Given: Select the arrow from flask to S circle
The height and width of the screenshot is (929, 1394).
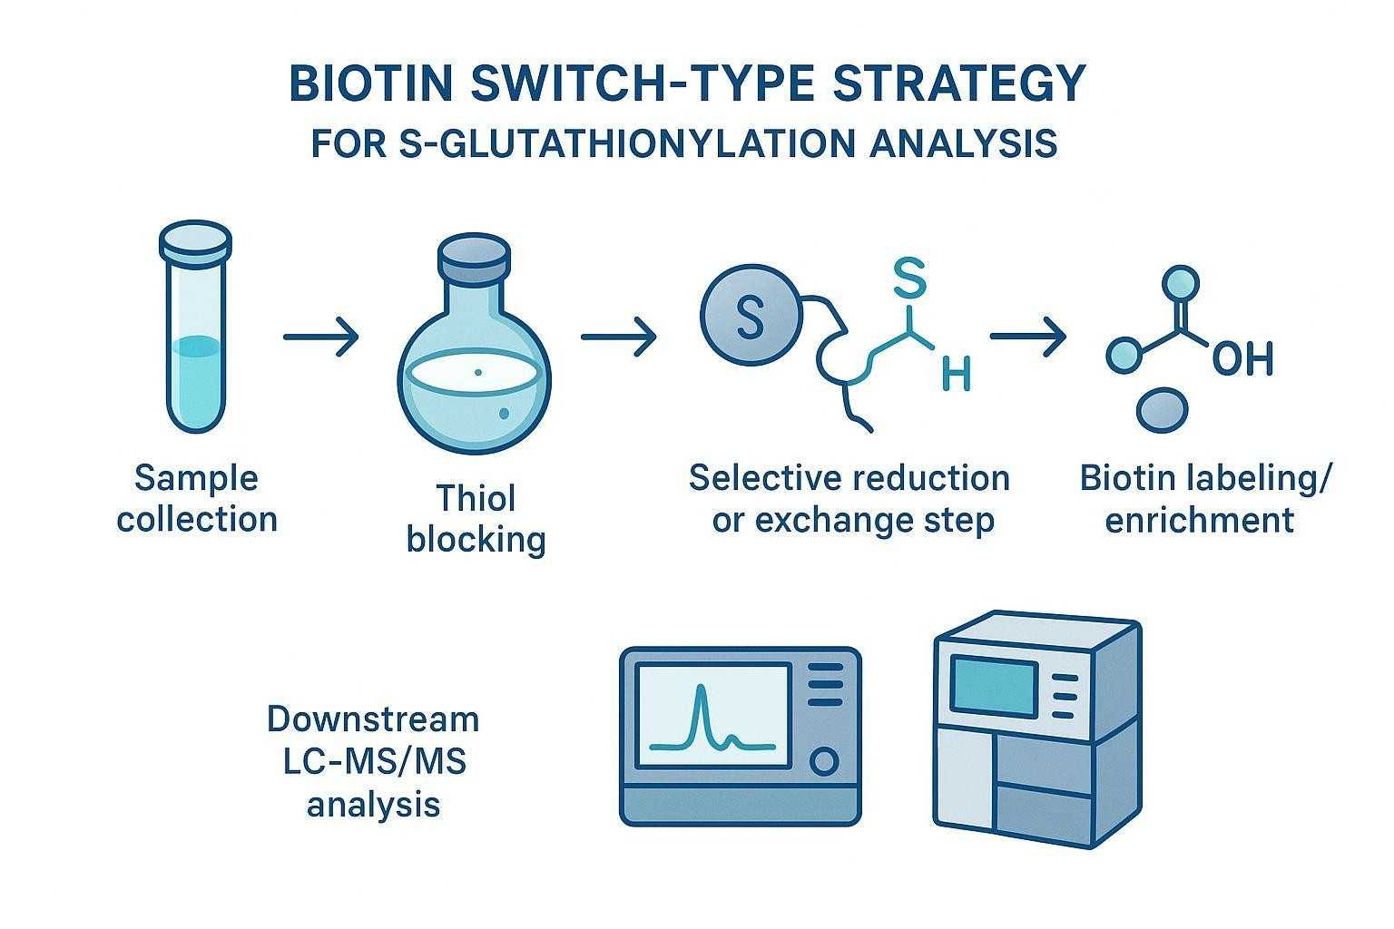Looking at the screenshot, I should pos(619,337).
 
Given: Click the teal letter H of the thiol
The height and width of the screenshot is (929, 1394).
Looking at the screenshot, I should pos(956,373).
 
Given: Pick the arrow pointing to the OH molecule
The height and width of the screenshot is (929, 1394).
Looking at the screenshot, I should pos(1028,337).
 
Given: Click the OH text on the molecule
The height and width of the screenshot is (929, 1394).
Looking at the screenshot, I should pos(1242,359).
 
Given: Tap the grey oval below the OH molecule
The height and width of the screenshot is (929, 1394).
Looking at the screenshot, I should pos(1161,410).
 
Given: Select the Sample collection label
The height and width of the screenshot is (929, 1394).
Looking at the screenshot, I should pos(196,498).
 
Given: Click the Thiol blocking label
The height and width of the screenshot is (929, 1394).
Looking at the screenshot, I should pos(476,519).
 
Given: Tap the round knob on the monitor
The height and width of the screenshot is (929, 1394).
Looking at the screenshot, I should pos(824,760).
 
